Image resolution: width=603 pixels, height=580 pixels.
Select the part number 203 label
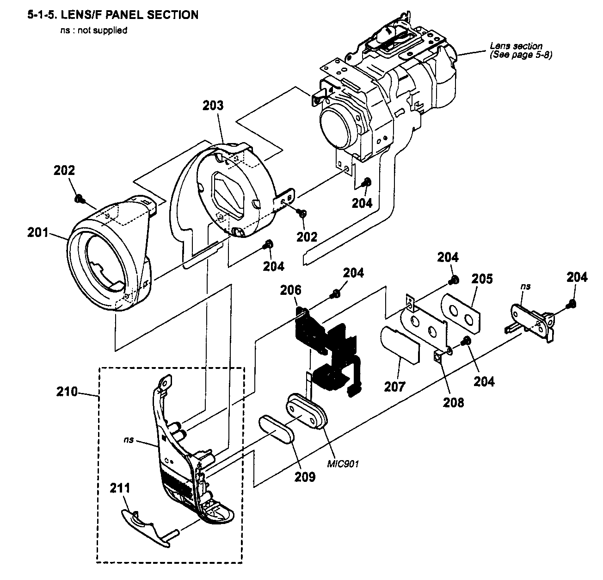[213, 106]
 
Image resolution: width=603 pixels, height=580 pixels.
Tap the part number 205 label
[482, 279]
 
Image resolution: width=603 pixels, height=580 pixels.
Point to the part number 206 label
[290, 290]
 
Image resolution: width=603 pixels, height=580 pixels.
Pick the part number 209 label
[306, 476]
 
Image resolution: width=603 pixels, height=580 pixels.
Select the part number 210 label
[67, 392]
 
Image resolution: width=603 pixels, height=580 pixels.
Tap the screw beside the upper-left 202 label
[79, 200]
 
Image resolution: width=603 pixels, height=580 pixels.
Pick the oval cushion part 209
[276, 429]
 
